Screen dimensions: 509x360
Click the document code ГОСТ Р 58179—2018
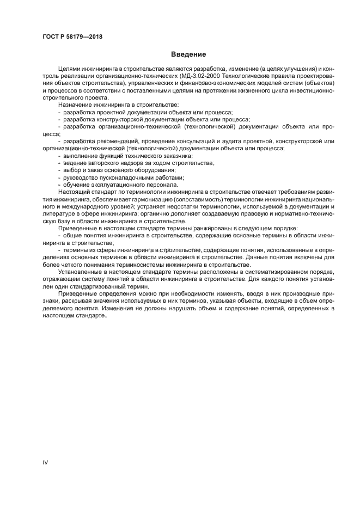point(72,37)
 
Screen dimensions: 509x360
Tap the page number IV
point(46,462)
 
